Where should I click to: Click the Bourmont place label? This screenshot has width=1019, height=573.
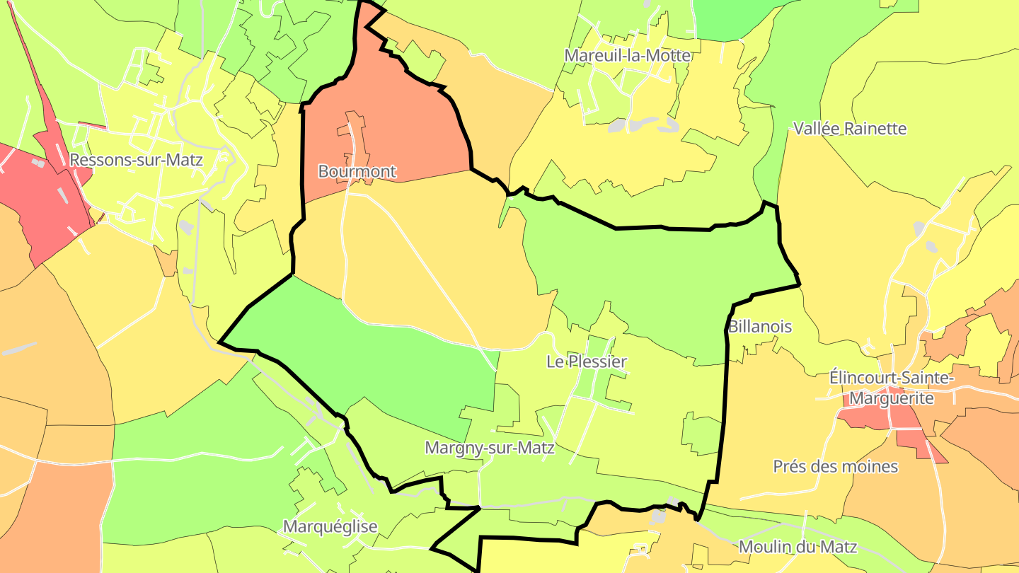[x=357, y=172]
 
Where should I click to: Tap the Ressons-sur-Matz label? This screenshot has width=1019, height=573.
[x=137, y=160]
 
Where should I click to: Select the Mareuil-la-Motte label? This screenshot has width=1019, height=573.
[x=627, y=55]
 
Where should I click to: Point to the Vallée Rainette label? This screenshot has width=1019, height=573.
[x=850, y=129]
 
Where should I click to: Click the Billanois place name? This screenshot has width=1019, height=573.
[x=760, y=327]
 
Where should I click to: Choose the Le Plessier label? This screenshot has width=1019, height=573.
[x=587, y=362]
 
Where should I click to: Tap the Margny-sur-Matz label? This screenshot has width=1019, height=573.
[x=490, y=448]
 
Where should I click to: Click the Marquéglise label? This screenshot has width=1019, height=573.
[x=330, y=527]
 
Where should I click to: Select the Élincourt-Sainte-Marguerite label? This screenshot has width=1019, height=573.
[x=892, y=388]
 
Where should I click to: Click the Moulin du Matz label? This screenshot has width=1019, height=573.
[x=798, y=547]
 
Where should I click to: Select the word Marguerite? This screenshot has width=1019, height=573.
[x=892, y=399]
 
